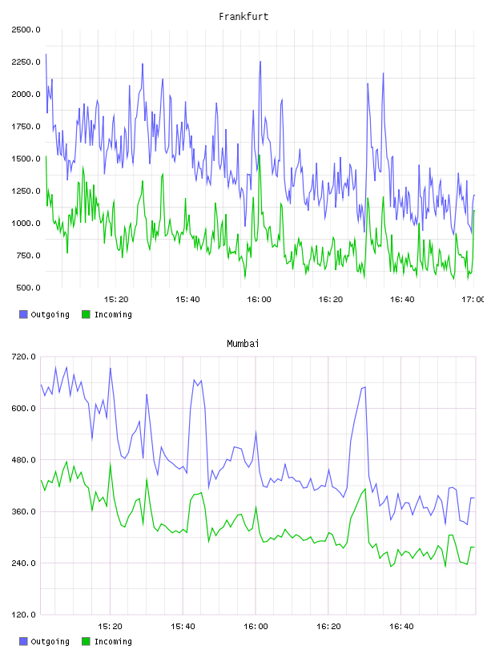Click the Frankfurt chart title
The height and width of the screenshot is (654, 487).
pyautogui.click(x=243, y=17)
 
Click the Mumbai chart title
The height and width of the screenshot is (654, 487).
pyautogui.click(x=243, y=344)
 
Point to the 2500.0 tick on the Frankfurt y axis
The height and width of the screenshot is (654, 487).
pyautogui.click(x=26, y=30)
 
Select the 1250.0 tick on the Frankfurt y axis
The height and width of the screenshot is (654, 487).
pyautogui.click(x=26, y=191)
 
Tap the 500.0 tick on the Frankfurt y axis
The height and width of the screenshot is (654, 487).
pyautogui.click(x=28, y=288)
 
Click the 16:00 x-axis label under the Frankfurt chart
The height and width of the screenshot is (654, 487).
pyautogui.click(x=259, y=300)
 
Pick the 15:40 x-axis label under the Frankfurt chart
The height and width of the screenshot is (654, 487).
pyautogui.click(x=187, y=300)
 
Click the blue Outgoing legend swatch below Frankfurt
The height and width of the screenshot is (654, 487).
pyautogui.click(x=23, y=314)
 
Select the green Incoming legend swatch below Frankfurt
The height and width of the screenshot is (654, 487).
pyautogui.click(x=86, y=314)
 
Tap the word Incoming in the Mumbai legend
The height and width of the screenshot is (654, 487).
pyautogui.click(x=113, y=641)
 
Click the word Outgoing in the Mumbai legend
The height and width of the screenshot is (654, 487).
pyautogui.click(x=50, y=641)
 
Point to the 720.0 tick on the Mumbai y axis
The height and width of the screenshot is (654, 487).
pyautogui.click(x=24, y=357)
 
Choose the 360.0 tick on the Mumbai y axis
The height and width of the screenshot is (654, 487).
pyautogui.click(x=24, y=511)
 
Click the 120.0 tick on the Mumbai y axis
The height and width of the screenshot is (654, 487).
pyautogui.click(x=24, y=615)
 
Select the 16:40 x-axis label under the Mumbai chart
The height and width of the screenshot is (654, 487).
pyautogui.click(x=401, y=627)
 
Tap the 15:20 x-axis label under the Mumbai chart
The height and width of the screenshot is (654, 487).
pyautogui.click(x=110, y=627)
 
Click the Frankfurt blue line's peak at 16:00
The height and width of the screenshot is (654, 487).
pyautogui.click(x=260, y=61)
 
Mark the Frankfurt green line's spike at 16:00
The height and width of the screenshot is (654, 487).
pyautogui.click(x=260, y=155)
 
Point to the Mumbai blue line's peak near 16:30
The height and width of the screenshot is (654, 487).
pyautogui.click(x=365, y=387)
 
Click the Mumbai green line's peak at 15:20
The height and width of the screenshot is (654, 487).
pyautogui.click(x=111, y=463)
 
